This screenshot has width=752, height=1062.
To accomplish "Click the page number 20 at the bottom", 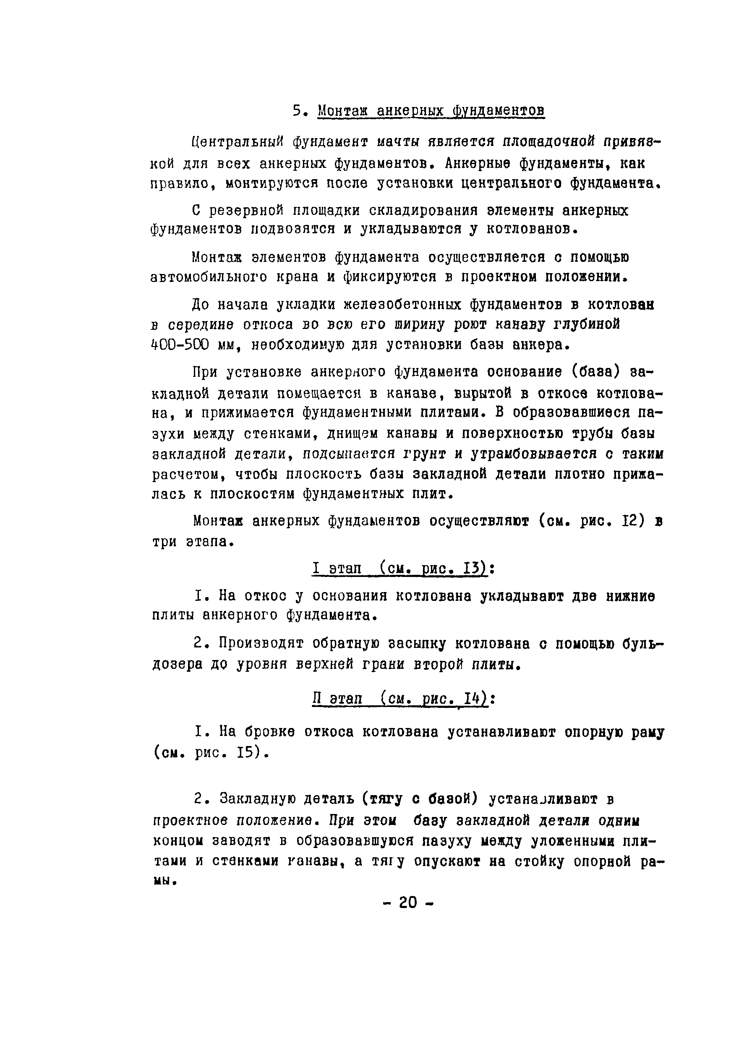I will (x=407, y=902).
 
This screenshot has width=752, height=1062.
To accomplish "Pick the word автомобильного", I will (x=209, y=277).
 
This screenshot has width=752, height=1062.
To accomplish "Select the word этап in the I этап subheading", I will (x=345, y=569).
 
